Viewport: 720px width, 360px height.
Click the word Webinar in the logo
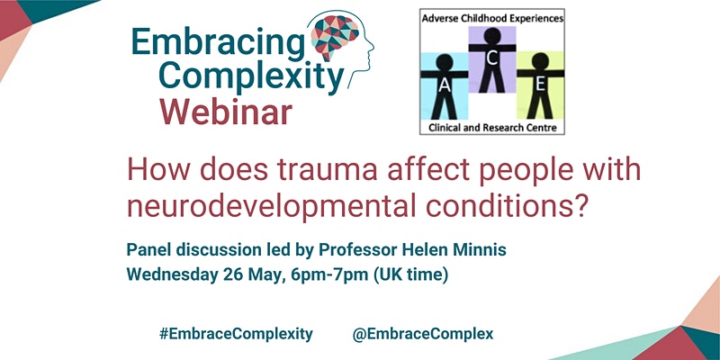click(x=226, y=112)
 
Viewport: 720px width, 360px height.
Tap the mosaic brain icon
click(x=335, y=36)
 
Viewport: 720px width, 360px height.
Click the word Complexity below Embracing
click(x=252, y=78)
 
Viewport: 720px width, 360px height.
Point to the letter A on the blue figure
click(x=444, y=85)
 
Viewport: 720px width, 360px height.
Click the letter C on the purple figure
click(x=491, y=58)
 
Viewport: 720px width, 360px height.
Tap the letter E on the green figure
click(x=541, y=85)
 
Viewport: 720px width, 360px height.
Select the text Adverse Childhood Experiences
click(x=491, y=18)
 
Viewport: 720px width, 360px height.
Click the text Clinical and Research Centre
click(x=492, y=127)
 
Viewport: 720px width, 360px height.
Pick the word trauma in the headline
click(x=328, y=170)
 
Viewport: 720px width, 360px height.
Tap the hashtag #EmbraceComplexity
click(x=236, y=334)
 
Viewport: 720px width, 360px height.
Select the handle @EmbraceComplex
click(x=423, y=334)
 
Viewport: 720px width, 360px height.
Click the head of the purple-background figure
click(x=491, y=35)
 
